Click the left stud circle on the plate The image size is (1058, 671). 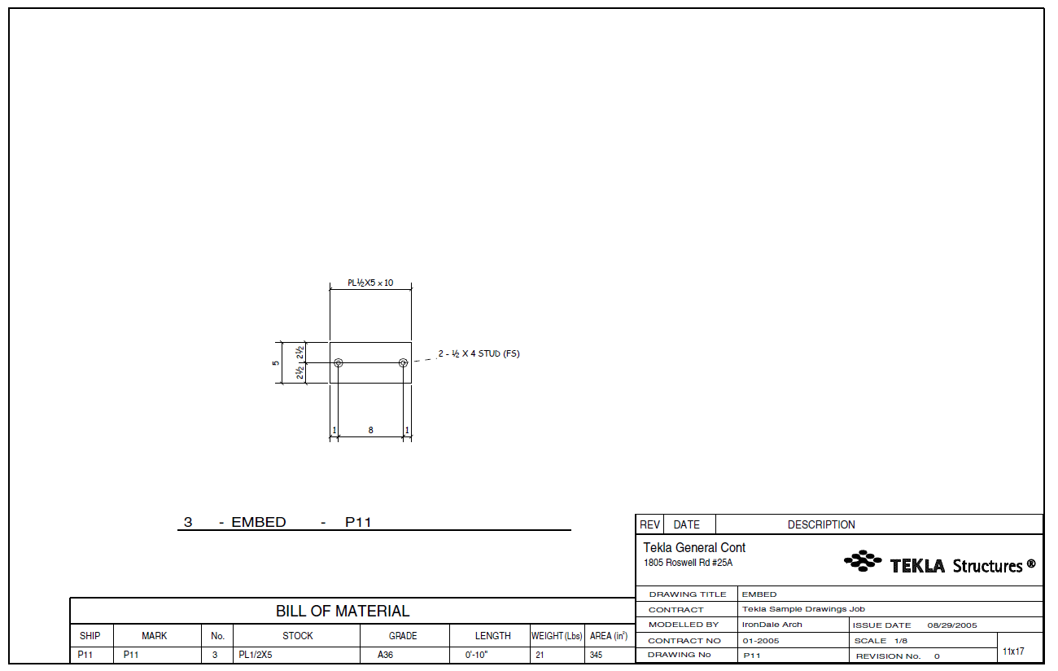click(339, 362)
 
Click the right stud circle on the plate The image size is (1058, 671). click(403, 362)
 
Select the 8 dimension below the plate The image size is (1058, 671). click(370, 430)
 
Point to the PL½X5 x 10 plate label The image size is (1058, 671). click(370, 283)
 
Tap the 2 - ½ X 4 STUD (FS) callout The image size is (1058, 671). click(479, 353)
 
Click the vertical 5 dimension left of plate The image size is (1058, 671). click(276, 362)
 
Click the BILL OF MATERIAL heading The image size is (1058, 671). click(343, 611)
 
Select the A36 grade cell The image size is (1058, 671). click(385, 655)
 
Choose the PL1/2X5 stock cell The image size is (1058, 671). click(255, 655)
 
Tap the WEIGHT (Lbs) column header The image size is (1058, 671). click(557, 636)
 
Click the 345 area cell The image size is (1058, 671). click(596, 655)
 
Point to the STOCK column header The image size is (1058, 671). click(298, 636)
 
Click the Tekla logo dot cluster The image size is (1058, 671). click(863, 560)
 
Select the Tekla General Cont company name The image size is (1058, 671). click(694, 548)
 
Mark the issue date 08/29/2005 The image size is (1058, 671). click(951, 625)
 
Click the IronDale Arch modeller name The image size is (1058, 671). click(772, 625)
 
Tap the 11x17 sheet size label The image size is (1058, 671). click(1013, 651)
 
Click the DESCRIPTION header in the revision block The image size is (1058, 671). click(821, 525)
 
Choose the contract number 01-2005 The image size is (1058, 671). click(760, 641)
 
